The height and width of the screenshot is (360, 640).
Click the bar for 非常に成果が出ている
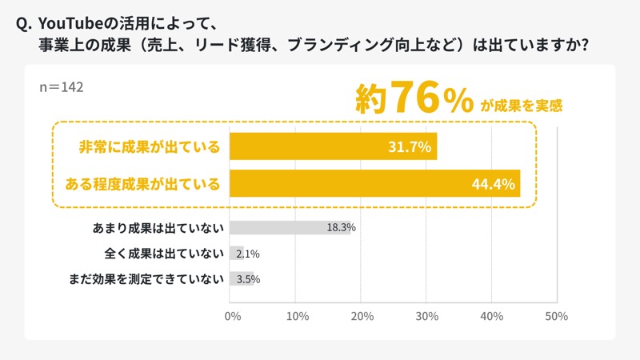point(333,146)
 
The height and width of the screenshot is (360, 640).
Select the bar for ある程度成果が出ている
point(374,184)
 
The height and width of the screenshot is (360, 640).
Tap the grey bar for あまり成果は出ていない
point(290,227)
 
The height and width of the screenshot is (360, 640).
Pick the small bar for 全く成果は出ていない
point(237,254)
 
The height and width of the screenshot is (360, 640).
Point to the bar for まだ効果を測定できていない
point(242,279)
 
